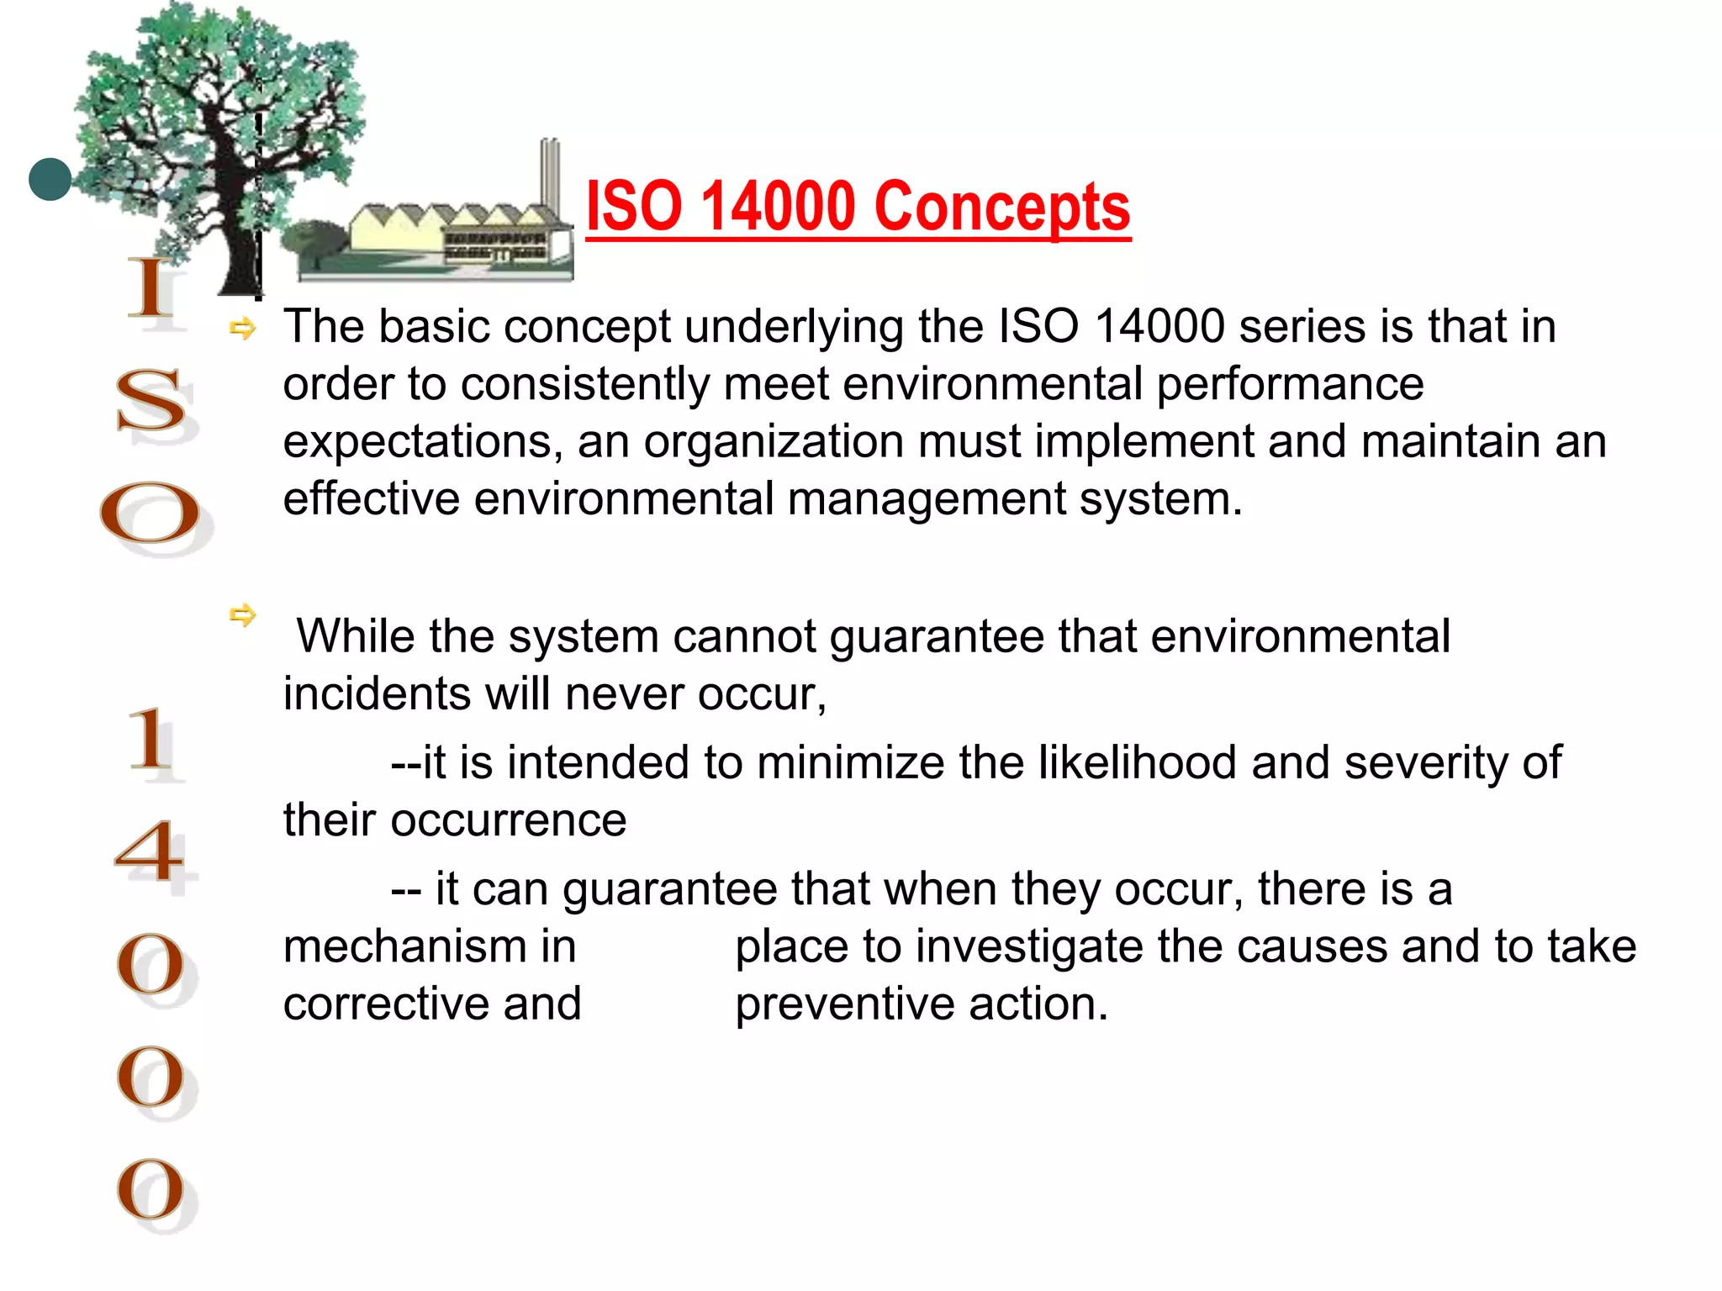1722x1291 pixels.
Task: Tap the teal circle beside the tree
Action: coord(50,179)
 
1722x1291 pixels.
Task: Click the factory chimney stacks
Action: coord(549,173)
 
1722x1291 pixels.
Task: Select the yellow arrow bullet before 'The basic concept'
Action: coord(242,329)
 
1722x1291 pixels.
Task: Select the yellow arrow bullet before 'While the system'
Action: coord(242,615)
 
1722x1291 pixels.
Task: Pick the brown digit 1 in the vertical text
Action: coord(149,740)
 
